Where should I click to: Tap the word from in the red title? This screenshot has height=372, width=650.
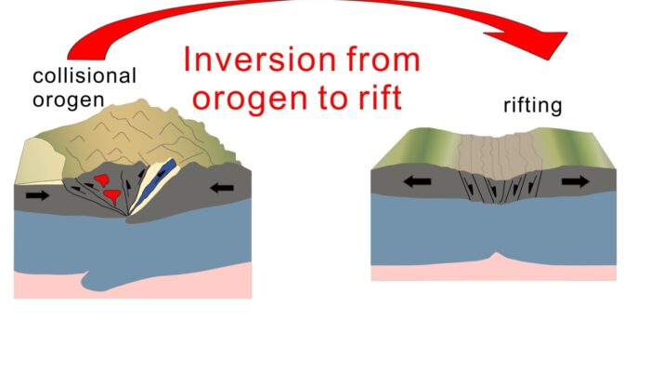tap(376, 60)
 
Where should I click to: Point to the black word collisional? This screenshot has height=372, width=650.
tap(84, 75)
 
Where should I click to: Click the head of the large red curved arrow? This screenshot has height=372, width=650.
tap(548, 42)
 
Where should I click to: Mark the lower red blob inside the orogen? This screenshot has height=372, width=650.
tap(111, 195)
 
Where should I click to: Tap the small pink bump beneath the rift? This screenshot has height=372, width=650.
tap(497, 257)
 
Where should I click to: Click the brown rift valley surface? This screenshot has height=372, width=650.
tap(492, 153)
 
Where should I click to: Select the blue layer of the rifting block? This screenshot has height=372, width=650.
tap(492, 228)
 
